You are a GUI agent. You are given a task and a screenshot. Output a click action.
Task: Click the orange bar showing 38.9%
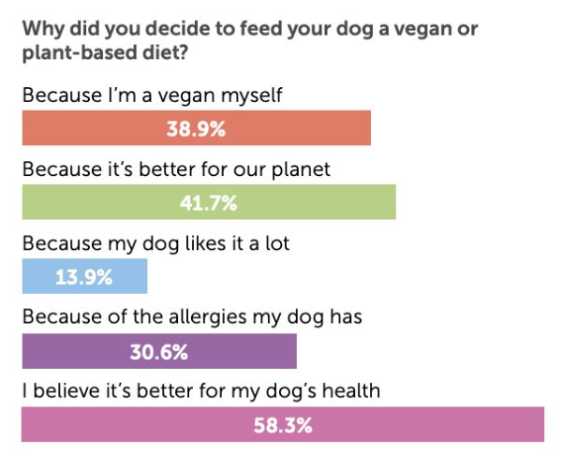[x=197, y=128]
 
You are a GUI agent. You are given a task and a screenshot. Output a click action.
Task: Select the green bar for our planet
[x=209, y=202]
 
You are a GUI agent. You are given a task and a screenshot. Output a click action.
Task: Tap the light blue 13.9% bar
[x=84, y=276]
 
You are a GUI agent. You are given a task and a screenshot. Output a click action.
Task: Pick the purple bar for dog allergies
[x=159, y=351]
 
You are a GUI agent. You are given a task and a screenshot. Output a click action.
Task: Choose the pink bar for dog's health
[x=283, y=424]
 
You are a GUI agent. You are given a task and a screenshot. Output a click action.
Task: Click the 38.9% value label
[x=196, y=128]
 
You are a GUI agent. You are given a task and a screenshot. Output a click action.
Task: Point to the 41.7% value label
[x=209, y=203]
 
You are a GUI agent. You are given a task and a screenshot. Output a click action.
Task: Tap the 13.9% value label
[x=84, y=277]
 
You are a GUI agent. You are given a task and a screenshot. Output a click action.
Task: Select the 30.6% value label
[x=159, y=352]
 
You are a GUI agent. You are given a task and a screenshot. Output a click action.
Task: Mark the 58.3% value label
[x=283, y=426]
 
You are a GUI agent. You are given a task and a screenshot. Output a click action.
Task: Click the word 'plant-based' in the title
[x=80, y=53]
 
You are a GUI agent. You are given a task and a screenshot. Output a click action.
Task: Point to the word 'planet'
[x=301, y=169]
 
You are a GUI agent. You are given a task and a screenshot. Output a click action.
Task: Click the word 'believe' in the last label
[x=67, y=390]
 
